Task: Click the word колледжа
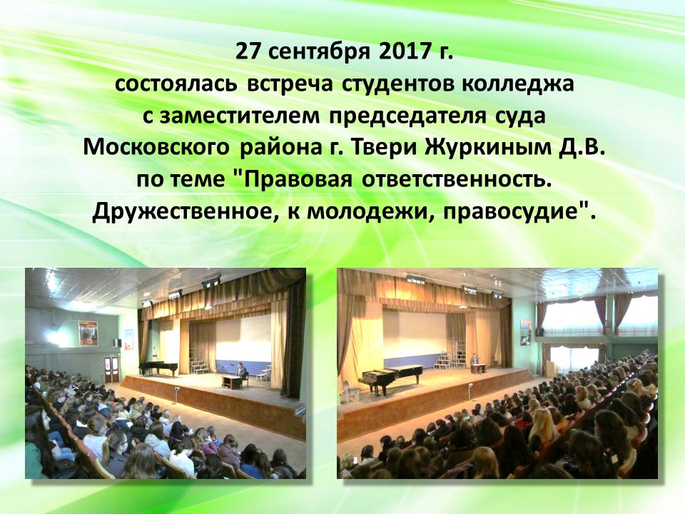(x=517, y=85)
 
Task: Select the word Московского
(x=156, y=148)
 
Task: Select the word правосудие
(x=515, y=213)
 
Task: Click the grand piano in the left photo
(x=158, y=368)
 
